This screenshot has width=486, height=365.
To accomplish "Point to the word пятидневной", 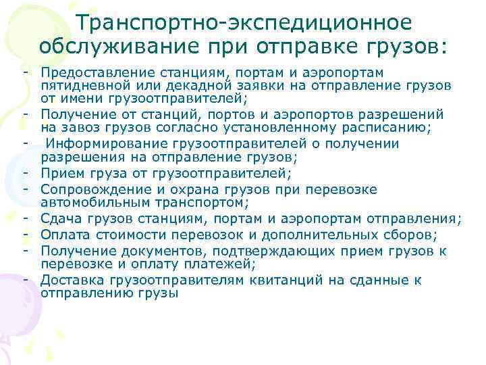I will tap(82, 84).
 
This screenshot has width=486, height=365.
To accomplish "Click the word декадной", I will tap(203, 84).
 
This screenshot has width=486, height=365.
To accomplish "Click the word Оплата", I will tap(63, 235).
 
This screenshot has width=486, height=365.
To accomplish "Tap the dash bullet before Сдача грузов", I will tap(24, 218).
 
